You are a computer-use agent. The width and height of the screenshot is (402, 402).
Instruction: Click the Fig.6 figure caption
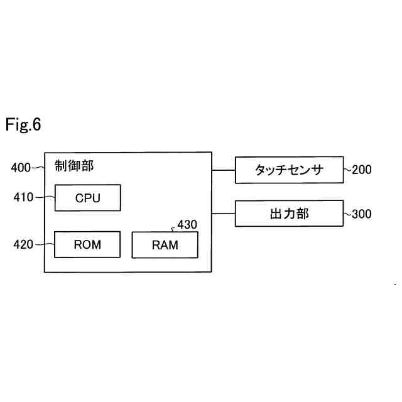[23, 124]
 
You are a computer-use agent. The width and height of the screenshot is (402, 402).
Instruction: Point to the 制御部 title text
[74, 166]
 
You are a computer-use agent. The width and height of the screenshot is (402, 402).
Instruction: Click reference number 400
[21, 168]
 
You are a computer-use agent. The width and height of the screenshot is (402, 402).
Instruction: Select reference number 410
[23, 197]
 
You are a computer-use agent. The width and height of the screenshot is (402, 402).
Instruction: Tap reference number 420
[23, 244]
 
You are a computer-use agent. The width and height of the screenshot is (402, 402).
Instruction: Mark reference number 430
[187, 225]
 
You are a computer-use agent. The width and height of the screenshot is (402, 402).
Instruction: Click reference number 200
[362, 170]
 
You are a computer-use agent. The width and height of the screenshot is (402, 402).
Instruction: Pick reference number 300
[362, 214]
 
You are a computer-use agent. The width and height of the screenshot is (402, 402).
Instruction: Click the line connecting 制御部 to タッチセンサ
[224, 170]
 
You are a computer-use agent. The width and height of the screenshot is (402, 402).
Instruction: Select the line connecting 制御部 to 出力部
[224, 214]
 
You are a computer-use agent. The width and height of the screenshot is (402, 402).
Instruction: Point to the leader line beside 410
[45, 197]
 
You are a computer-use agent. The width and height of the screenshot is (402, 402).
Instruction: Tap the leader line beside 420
[45, 244]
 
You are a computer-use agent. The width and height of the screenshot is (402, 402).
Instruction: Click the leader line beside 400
[38, 168]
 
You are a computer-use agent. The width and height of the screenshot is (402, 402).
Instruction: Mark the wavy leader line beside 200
[347, 169]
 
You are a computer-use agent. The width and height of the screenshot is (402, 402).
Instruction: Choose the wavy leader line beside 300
[347, 214]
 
